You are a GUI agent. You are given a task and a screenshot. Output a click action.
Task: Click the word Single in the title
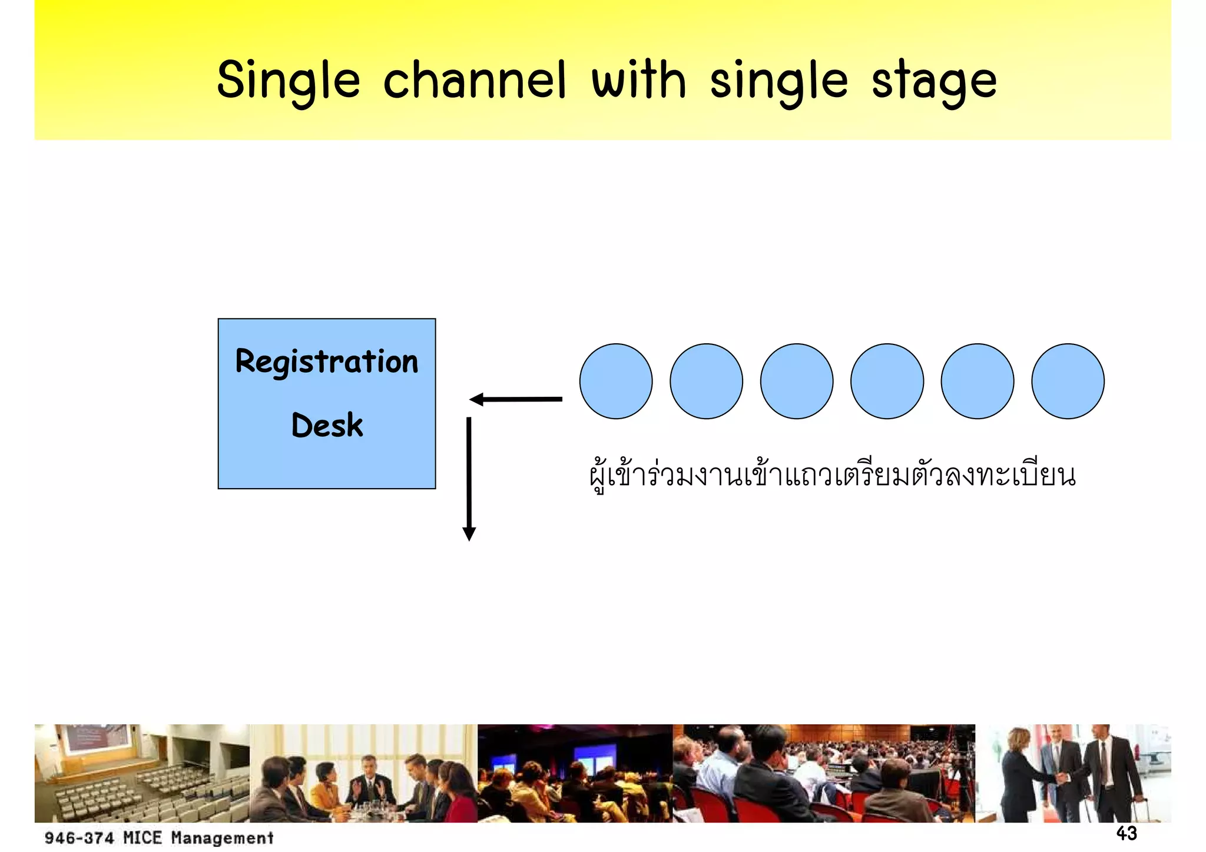[x=288, y=81]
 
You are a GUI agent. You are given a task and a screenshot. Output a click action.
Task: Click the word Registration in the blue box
[x=326, y=362]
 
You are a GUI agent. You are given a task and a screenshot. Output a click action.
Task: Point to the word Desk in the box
[x=327, y=425]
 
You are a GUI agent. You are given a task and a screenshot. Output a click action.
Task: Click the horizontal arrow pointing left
[x=516, y=400]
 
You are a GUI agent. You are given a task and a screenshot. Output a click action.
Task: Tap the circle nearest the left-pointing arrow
[x=616, y=382]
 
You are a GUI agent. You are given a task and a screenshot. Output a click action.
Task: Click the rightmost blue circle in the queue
[x=1068, y=382]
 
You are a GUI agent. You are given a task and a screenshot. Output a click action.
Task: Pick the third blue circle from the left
[x=797, y=382]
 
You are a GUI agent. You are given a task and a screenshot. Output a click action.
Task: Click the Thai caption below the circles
[x=832, y=476]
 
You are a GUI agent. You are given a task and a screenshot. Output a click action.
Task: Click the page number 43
[x=1127, y=833]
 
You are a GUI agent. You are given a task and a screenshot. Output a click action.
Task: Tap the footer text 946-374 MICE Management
[x=159, y=837]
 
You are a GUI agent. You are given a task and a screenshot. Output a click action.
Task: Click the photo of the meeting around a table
[x=363, y=773]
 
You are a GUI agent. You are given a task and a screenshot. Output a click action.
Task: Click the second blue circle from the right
[x=978, y=382]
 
